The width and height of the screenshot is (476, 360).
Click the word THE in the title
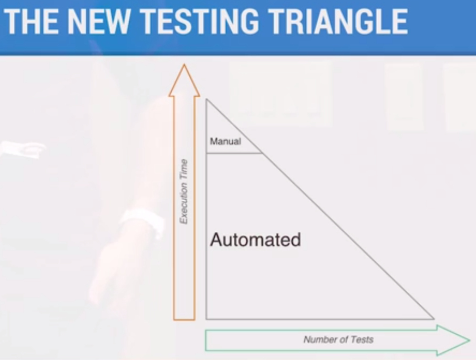(x=31, y=21)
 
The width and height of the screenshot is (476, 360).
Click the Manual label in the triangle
(x=225, y=142)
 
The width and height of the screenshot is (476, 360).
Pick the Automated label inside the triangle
(x=255, y=239)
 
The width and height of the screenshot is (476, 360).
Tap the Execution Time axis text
(x=183, y=192)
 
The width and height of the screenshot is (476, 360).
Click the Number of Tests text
(x=339, y=339)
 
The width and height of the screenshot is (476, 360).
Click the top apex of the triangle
(x=207, y=99)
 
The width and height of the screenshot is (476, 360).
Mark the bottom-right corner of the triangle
(x=434, y=319)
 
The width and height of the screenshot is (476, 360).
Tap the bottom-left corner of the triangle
(x=207, y=319)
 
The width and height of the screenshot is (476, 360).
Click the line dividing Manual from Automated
(x=235, y=153)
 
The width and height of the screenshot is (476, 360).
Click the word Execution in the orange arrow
(x=183, y=201)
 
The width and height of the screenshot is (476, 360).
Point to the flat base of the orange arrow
(x=184, y=319)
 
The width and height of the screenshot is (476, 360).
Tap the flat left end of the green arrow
(x=206, y=340)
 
